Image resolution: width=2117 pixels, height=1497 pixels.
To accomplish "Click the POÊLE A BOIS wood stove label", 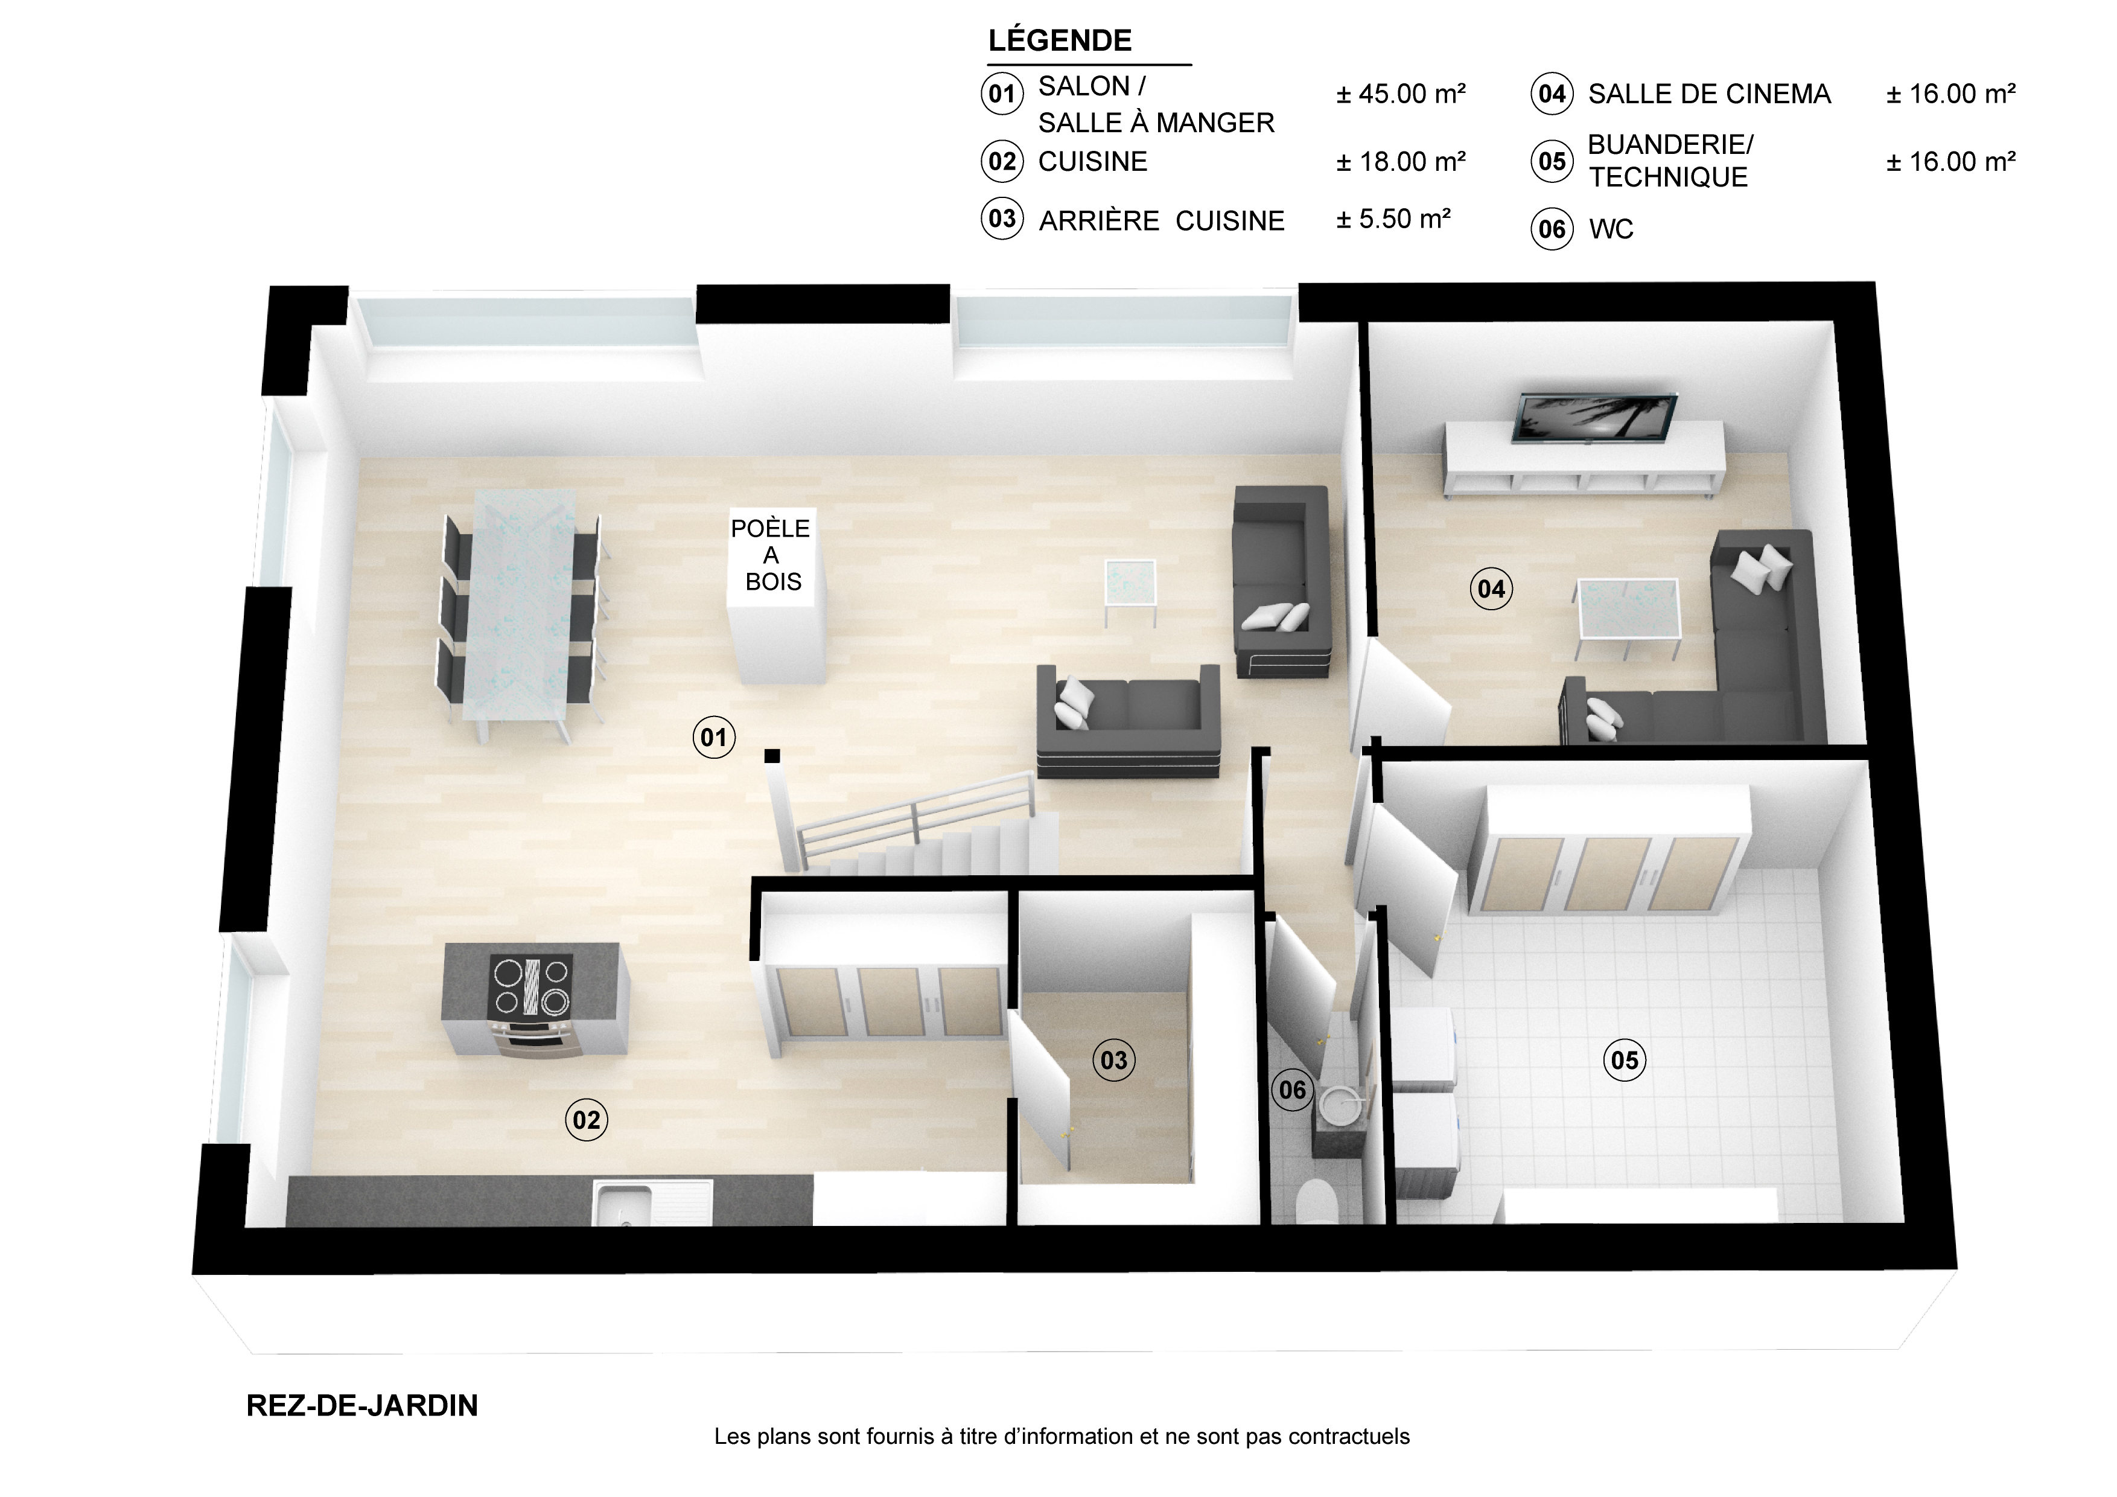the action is (771, 554).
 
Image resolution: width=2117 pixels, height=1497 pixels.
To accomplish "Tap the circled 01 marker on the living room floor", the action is (714, 737).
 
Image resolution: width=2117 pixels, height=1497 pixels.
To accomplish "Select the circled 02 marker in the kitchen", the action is (587, 1120).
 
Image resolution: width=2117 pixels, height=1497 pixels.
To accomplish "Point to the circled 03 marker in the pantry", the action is (1114, 1060).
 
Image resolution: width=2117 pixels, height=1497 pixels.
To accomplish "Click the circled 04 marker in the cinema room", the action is (1491, 589).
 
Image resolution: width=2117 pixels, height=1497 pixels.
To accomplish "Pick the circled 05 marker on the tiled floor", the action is (1625, 1060).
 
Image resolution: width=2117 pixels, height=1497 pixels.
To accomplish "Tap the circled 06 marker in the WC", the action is (1292, 1090).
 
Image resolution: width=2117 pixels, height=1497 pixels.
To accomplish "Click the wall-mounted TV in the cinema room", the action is (1595, 417).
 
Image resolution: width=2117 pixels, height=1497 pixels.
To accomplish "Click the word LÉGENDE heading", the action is (1060, 40).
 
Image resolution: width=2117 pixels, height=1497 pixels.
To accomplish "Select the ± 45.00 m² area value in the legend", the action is (1401, 93).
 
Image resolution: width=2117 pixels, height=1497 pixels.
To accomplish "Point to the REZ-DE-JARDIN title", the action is (362, 1406).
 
